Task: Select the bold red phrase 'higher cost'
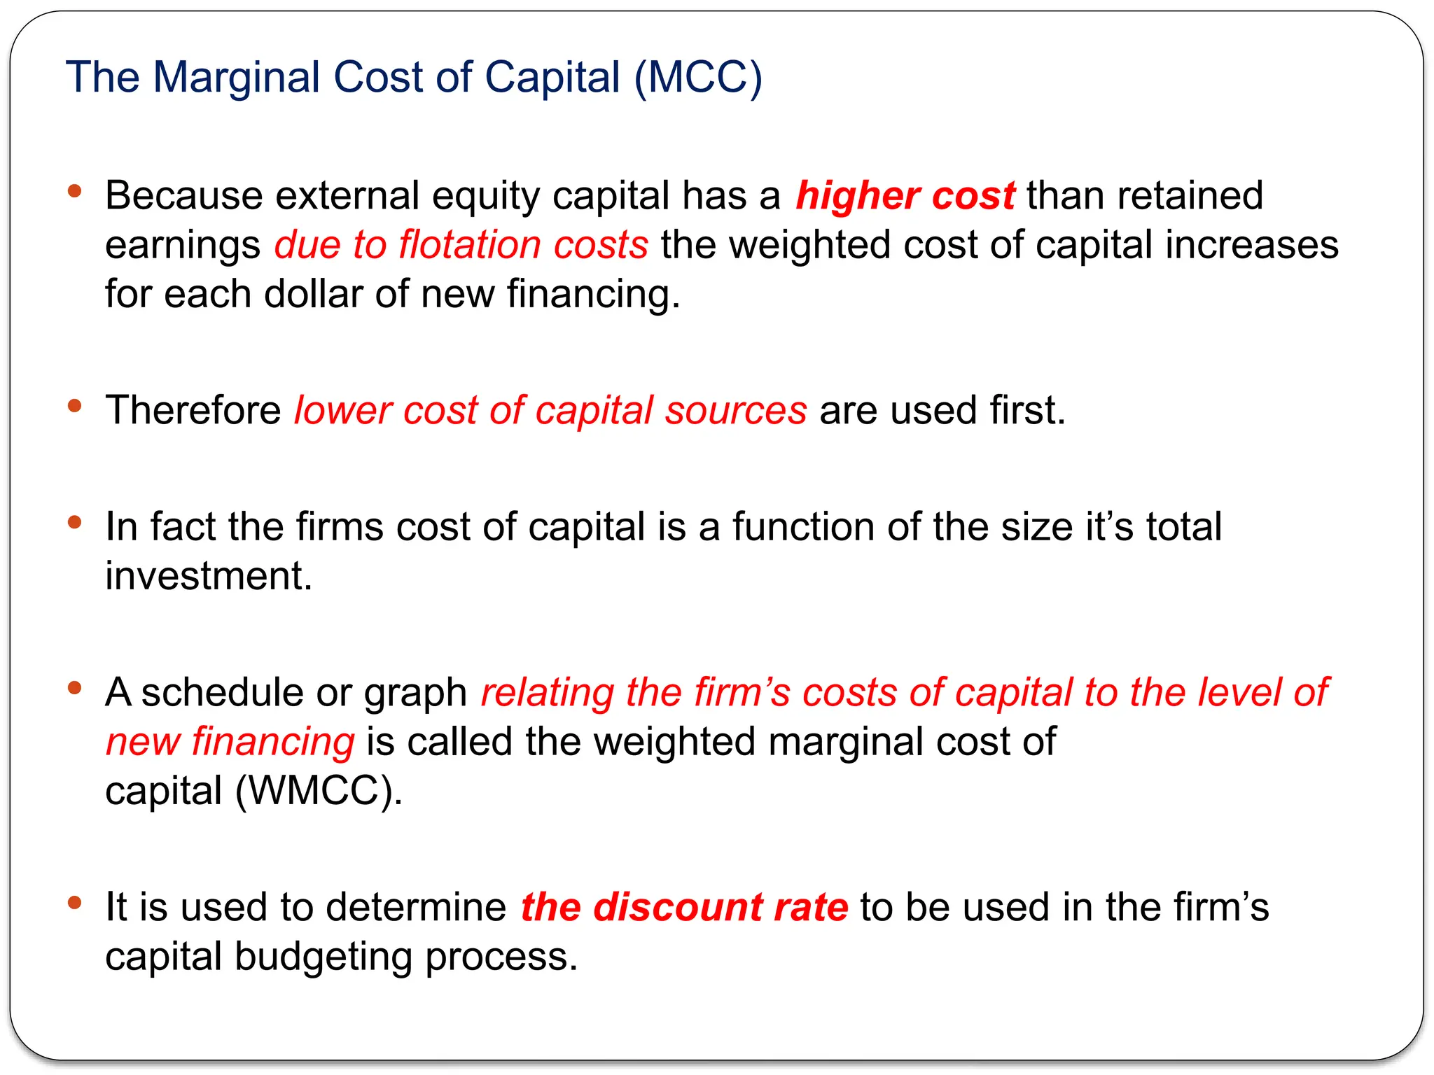[905, 195]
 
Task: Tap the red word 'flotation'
[469, 245]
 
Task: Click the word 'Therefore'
[193, 410]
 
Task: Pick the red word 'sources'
[736, 412]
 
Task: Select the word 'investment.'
[209, 576]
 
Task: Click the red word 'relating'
[547, 693]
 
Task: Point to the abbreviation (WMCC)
[319, 791]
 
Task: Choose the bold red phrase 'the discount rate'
[684, 907]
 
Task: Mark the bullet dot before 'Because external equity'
[75, 191]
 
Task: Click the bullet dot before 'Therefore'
[75, 406]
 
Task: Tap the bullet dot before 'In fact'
[75, 522]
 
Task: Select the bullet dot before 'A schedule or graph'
[75, 689]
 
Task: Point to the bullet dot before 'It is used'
[75, 903]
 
